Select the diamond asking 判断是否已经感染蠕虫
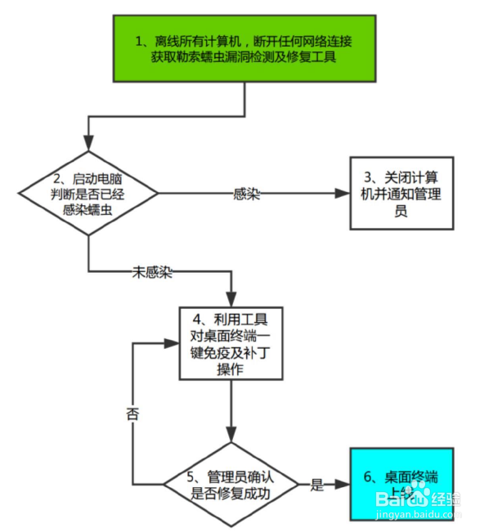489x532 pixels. point(87,193)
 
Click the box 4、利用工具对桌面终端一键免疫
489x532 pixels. point(231,342)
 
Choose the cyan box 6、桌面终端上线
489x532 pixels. point(401,483)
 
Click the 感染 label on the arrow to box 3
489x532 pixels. point(246,194)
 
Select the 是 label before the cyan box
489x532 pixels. point(317,484)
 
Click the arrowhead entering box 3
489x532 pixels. point(343,194)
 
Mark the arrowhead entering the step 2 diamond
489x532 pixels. point(87,145)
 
